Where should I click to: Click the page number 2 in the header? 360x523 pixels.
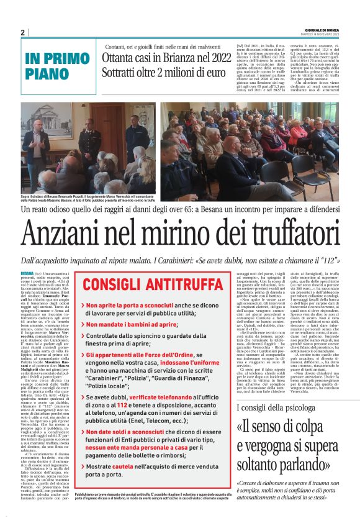pyautogui.click(x=23, y=32)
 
